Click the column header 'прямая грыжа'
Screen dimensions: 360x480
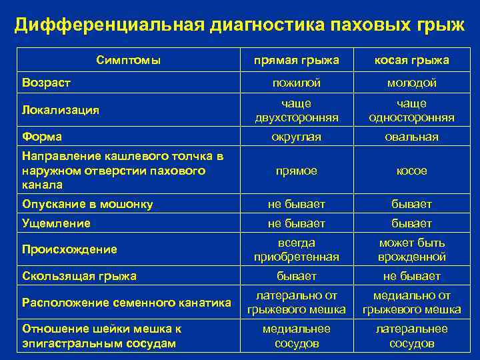click(297, 61)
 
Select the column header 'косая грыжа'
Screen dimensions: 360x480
click(411, 61)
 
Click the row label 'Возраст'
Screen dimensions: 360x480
click(47, 83)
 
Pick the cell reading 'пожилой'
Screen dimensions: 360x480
click(297, 83)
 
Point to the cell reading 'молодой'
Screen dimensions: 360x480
click(411, 83)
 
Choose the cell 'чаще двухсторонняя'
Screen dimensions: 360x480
click(297, 111)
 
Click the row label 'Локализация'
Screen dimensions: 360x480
click(61, 111)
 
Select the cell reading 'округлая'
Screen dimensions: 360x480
click(297, 137)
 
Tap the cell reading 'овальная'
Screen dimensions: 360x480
click(411, 137)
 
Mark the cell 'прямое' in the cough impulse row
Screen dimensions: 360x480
click(297, 171)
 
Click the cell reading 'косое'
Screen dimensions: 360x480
click(411, 171)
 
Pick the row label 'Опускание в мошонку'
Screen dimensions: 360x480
click(87, 204)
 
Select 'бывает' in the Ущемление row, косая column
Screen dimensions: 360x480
click(411, 223)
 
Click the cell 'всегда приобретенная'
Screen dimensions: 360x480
click(297, 250)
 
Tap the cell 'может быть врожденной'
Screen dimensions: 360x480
click(411, 250)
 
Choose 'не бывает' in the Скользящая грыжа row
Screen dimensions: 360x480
click(411, 276)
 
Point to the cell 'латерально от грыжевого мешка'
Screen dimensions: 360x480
click(297, 303)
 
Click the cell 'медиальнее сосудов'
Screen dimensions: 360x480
click(297, 336)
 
